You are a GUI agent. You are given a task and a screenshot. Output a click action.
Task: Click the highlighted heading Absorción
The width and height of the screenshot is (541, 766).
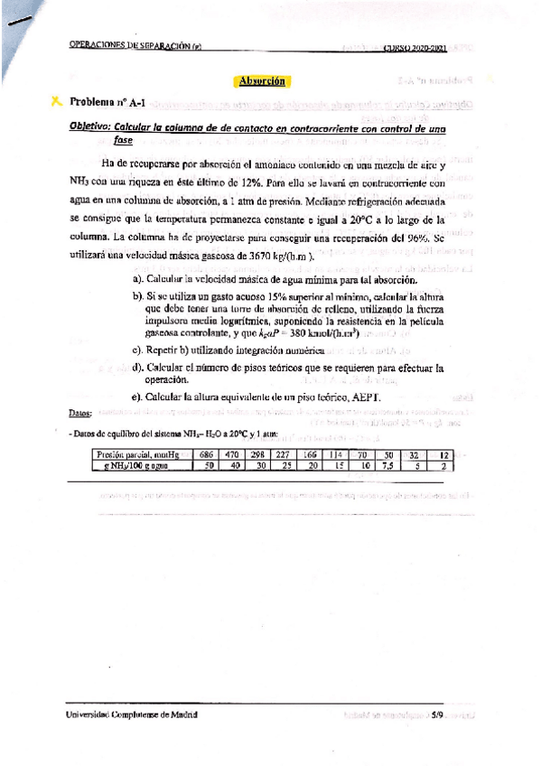click(x=261, y=80)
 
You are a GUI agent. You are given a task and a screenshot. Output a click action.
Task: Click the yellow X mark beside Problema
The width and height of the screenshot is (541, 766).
click(x=57, y=102)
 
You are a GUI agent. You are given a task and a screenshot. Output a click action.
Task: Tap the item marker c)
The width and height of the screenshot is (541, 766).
click(x=138, y=350)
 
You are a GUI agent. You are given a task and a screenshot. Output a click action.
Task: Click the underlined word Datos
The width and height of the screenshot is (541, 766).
click(x=79, y=413)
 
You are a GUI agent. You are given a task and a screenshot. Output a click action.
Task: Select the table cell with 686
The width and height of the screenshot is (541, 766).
click(x=206, y=453)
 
